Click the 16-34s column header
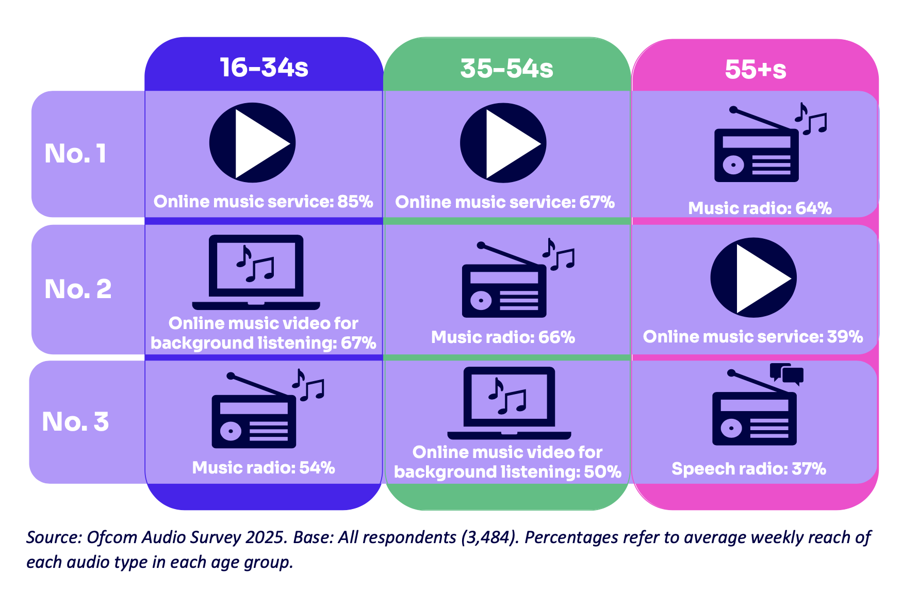click(x=264, y=68)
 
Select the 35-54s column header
click(x=506, y=69)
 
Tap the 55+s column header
click(x=756, y=70)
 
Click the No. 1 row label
click(x=76, y=153)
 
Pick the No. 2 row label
click(x=78, y=289)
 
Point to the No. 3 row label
click(x=75, y=421)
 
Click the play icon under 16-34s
click(x=252, y=142)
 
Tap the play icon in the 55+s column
click(x=753, y=277)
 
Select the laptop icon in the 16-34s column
click(x=256, y=271)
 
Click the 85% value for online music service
click(x=355, y=202)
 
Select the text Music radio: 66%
click(x=503, y=337)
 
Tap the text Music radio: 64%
click(x=760, y=208)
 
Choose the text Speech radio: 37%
click(x=749, y=469)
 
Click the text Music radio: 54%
click(x=264, y=468)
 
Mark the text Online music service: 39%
click(x=753, y=337)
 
